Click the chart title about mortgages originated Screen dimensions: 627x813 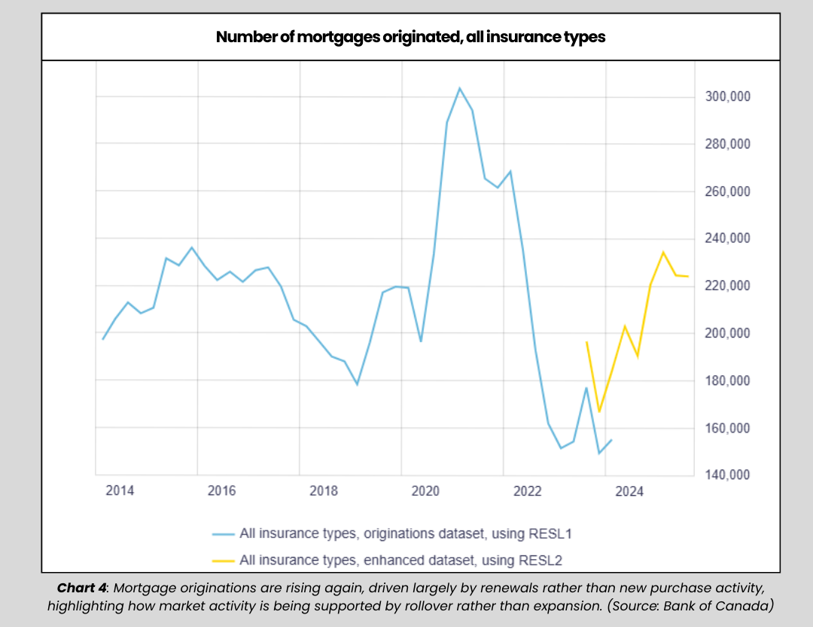tap(410, 36)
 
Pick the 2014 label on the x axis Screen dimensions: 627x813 tap(120, 491)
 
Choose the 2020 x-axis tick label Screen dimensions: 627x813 tap(425, 491)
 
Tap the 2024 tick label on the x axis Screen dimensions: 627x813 tap(629, 491)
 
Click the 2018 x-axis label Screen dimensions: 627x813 tap(324, 491)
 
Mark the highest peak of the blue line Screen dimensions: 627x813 tap(460, 88)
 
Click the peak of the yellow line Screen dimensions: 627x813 tap(663, 252)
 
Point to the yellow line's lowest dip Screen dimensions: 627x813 tap(599, 411)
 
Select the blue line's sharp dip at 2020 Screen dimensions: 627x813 tap(421, 341)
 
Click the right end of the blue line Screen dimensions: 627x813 tap(611, 439)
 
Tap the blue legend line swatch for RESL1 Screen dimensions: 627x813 tap(223, 534)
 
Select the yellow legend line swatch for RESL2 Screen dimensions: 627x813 tap(223, 560)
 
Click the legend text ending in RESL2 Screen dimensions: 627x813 tap(400, 560)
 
